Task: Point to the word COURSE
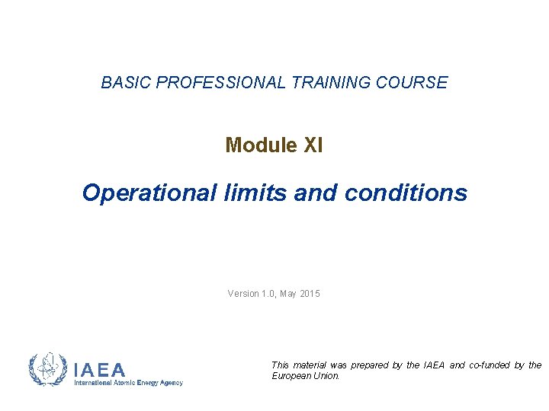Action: point(413,83)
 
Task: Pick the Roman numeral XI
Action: point(313,145)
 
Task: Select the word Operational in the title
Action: point(137,193)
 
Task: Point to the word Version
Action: point(244,294)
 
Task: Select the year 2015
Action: point(311,294)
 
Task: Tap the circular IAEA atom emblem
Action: point(47,370)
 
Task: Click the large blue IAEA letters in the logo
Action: point(100,371)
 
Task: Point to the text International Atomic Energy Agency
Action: point(128,383)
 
